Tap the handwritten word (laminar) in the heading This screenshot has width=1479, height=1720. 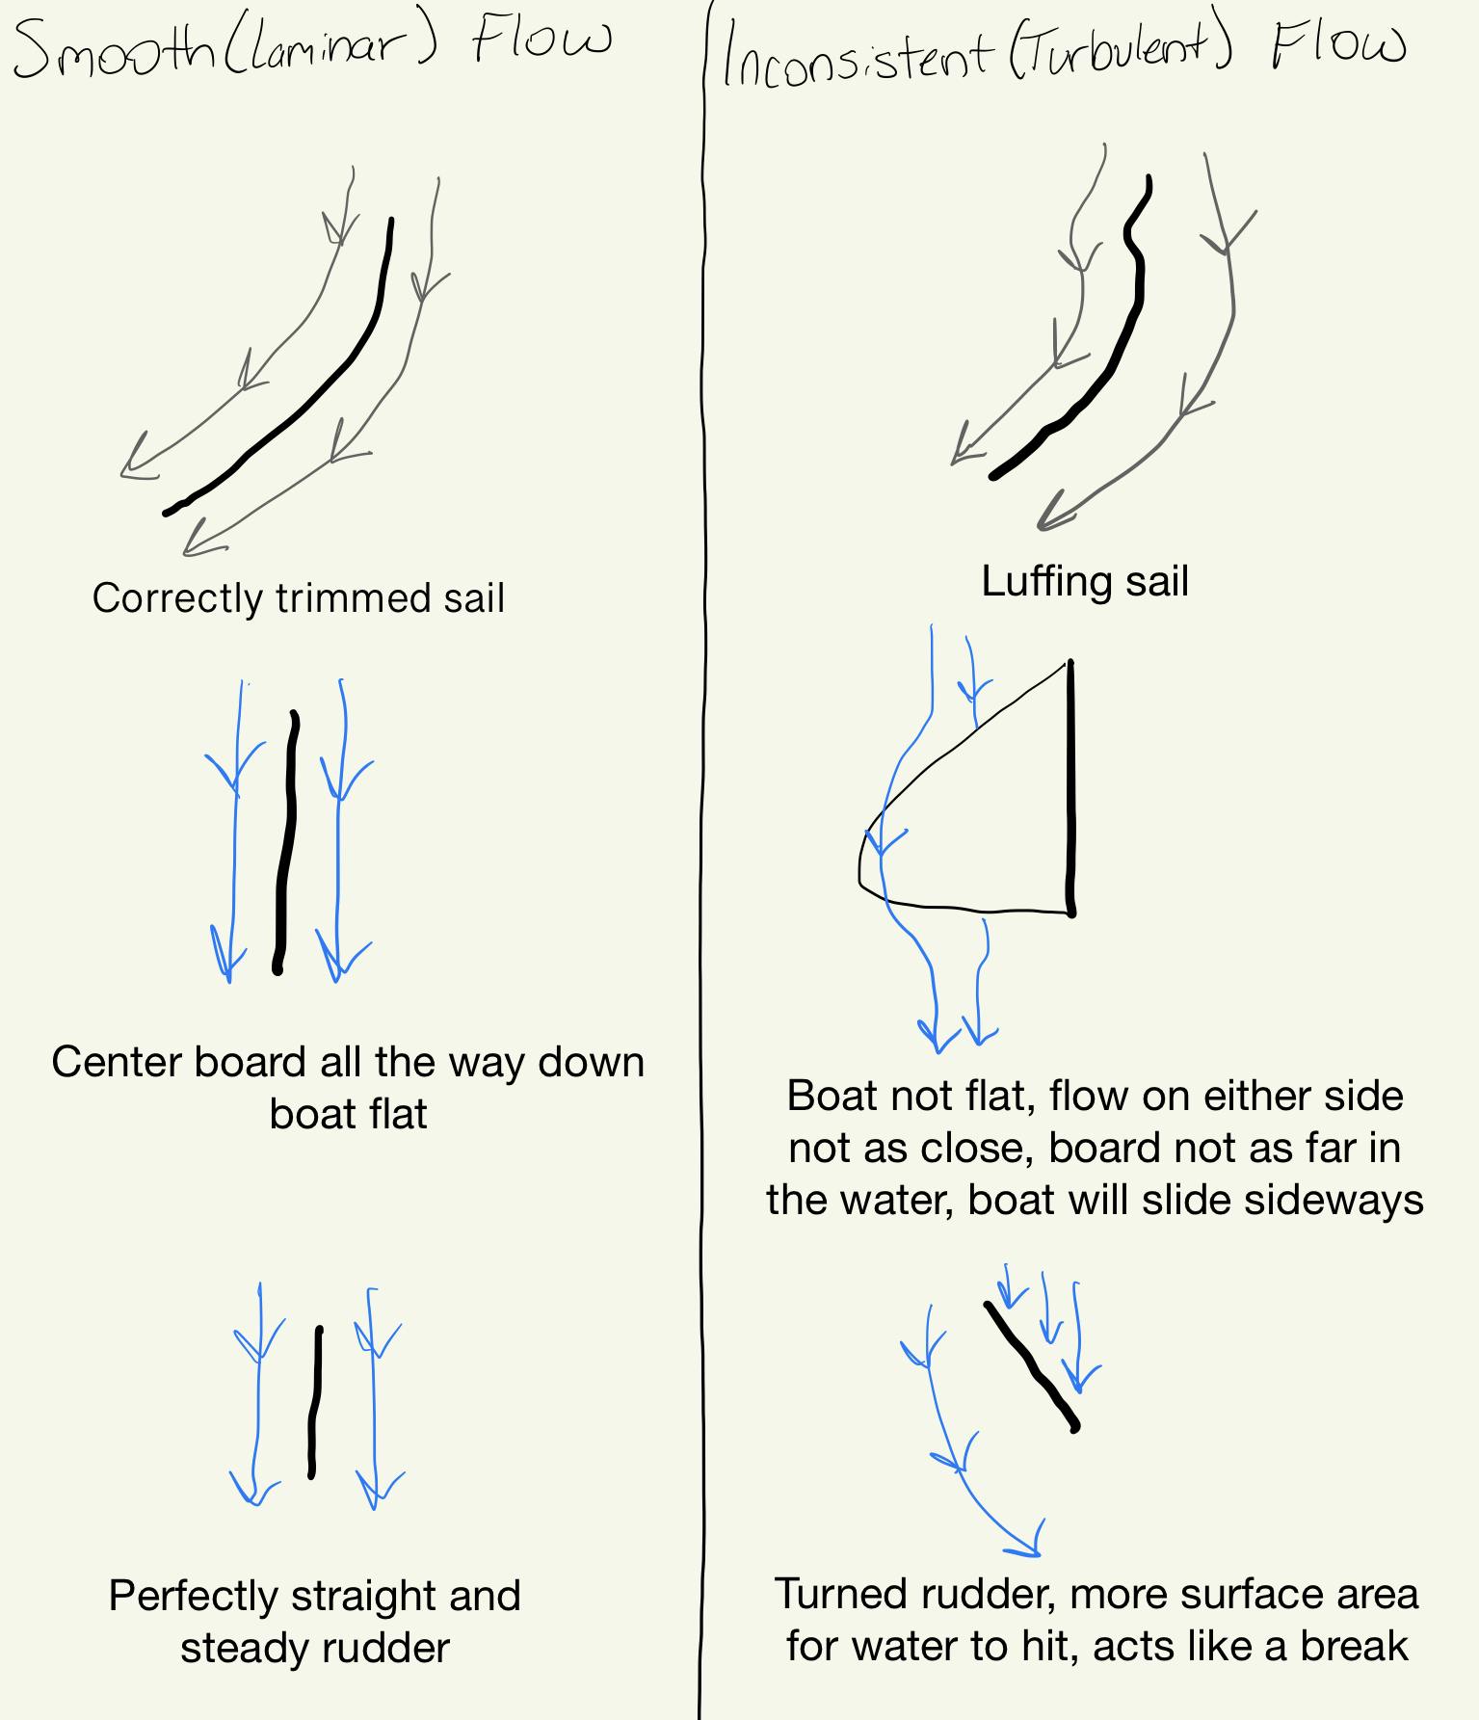(331, 46)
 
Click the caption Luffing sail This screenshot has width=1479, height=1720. (1085, 581)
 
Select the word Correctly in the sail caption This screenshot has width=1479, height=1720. (178, 598)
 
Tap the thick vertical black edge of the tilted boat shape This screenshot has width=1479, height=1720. (1070, 785)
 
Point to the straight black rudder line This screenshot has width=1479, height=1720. (315, 1402)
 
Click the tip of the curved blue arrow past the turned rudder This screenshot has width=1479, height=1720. (1037, 1551)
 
